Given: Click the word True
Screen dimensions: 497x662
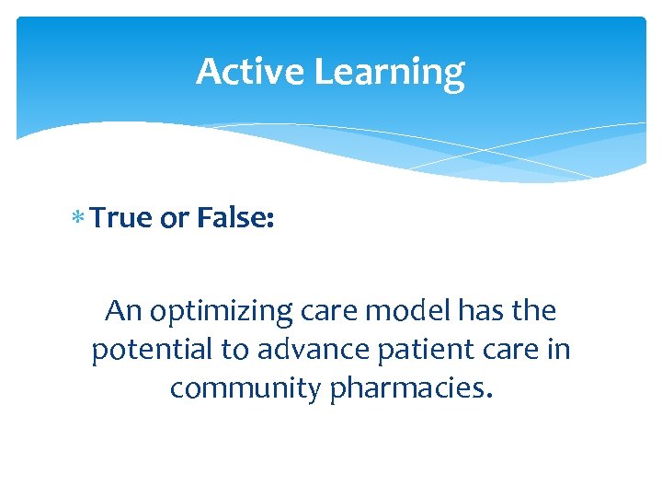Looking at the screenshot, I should pyautogui.click(x=124, y=217).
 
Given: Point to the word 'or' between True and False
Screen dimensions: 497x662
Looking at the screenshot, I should pyautogui.click(x=176, y=218).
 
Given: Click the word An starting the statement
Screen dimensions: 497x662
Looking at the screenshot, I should pyautogui.click(x=123, y=311).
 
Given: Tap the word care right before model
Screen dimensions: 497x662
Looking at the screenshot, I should pyautogui.click(x=327, y=311).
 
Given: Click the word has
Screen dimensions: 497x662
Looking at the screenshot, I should pyautogui.click(x=477, y=311).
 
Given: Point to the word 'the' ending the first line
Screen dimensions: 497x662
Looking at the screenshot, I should pyautogui.click(x=534, y=311).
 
